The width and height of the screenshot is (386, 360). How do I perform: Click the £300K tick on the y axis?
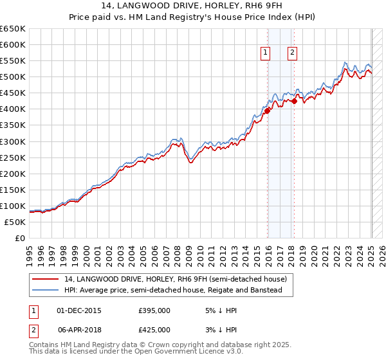pos(12,141)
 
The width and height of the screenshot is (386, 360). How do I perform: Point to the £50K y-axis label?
pos(14,222)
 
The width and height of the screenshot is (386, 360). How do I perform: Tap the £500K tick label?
pos(12,76)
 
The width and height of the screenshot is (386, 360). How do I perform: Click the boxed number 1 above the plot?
pos(265,53)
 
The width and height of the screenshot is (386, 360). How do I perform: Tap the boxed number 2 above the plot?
pos(292,53)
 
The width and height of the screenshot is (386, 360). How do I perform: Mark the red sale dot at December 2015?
pos(267,111)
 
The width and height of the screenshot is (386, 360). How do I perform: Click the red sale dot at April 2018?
pos(294,101)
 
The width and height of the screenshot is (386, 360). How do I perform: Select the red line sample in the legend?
pos(46,279)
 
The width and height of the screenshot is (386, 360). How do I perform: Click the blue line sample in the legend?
pos(46,291)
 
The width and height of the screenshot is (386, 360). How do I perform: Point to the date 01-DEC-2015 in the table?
pos(79,310)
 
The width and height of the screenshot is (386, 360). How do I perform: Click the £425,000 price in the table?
pos(154,329)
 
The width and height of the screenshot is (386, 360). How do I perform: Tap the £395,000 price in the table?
pos(154,310)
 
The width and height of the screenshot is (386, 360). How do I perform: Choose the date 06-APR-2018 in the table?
pos(79,329)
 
